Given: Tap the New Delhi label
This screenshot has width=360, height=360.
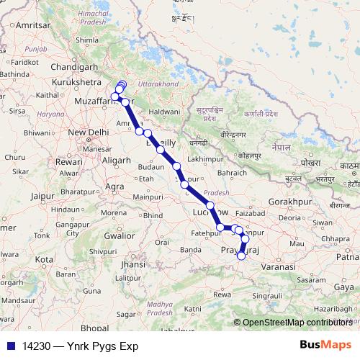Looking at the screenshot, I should (x=87, y=132).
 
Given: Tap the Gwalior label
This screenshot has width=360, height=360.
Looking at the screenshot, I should (x=120, y=235).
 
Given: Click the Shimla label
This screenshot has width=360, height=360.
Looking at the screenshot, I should (x=86, y=40).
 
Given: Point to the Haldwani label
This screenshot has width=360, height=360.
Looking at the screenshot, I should (x=165, y=112).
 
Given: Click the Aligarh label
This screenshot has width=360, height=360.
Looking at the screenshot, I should (x=117, y=159).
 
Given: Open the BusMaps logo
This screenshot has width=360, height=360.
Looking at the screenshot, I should (x=326, y=345).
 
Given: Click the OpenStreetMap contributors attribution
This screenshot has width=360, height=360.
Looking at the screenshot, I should (x=297, y=322).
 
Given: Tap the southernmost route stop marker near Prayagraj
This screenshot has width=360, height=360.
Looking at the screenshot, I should (x=242, y=255).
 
